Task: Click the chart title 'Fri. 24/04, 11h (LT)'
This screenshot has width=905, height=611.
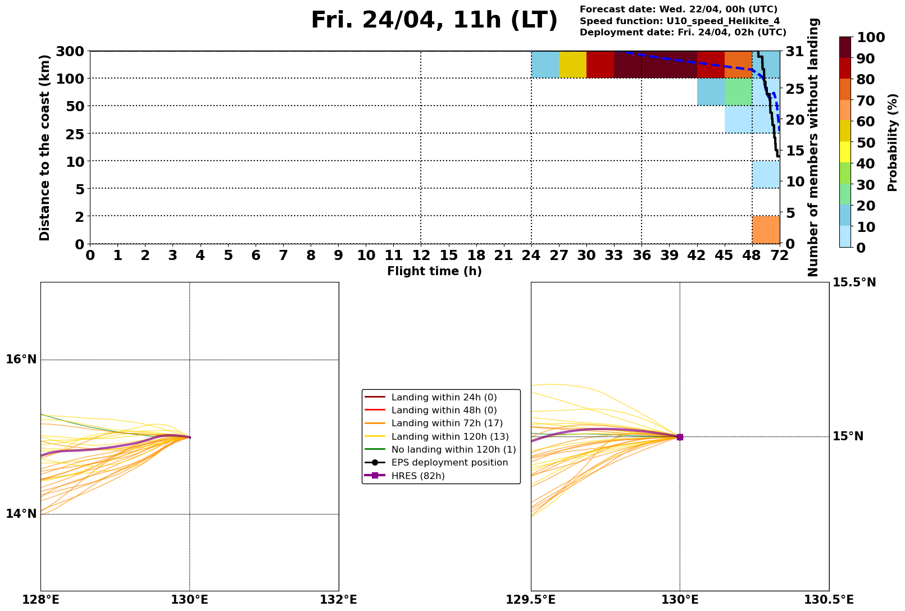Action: [434, 21]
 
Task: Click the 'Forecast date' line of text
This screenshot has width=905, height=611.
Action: [678, 10]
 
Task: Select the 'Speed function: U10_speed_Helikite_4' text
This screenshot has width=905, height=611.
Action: [679, 21]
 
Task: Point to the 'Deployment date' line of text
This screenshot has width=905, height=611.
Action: [683, 33]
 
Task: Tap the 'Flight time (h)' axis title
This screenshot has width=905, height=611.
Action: [434, 272]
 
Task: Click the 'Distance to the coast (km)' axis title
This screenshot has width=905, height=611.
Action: [45, 147]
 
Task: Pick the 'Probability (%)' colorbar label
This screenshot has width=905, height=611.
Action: [893, 143]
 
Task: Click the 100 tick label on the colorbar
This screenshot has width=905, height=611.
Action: [871, 38]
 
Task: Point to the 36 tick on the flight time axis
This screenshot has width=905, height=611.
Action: [642, 256]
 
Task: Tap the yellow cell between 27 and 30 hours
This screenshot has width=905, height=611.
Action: [572, 65]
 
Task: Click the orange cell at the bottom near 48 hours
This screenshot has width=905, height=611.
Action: [766, 229]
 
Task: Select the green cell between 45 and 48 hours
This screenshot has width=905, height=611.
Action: [738, 92]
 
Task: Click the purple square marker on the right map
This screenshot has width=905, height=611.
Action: [680, 437]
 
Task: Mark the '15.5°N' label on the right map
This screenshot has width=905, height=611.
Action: [854, 282]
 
